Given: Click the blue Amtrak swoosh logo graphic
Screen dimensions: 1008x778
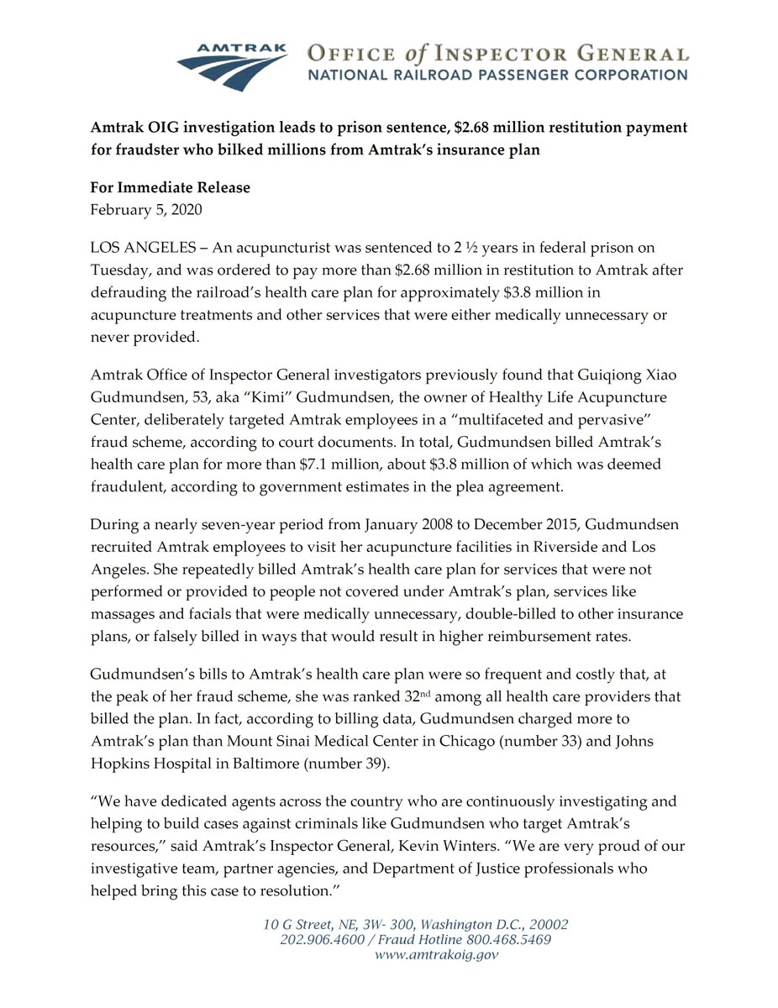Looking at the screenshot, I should click(230, 64).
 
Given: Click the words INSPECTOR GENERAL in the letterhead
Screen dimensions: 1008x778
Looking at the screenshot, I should click(580, 55).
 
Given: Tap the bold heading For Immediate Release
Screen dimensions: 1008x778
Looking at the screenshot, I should click(171, 187).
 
